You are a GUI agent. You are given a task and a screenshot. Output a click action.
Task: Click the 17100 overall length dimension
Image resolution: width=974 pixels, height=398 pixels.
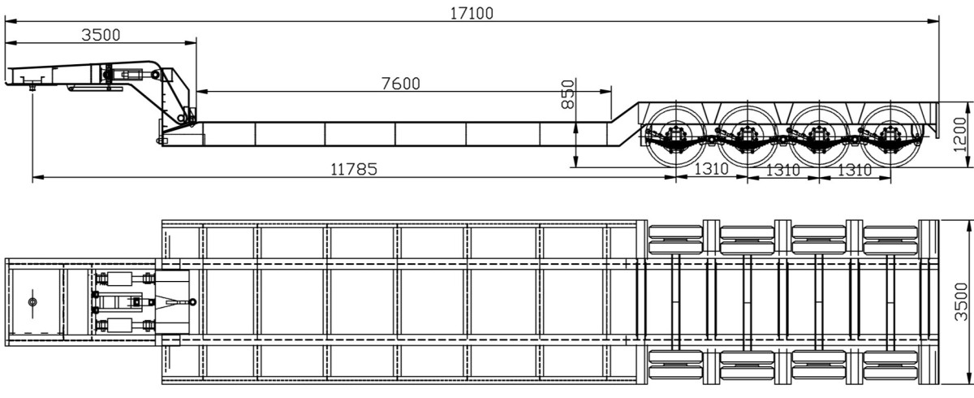pos(472,14)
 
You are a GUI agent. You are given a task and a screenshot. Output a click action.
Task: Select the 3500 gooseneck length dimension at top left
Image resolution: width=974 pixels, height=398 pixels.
pos(101,35)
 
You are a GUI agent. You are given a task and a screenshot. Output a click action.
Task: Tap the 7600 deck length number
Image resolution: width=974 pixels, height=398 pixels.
pos(400,84)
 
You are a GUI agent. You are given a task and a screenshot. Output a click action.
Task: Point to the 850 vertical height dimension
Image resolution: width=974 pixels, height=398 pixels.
pos(568,94)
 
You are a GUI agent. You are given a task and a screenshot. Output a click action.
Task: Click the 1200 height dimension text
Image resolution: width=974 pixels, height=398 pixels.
pos(959,134)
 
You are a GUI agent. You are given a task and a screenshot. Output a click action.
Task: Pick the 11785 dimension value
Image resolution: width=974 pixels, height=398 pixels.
pos(354,169)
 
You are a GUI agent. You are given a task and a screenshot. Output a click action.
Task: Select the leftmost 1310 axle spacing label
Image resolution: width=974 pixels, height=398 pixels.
pos(711,169)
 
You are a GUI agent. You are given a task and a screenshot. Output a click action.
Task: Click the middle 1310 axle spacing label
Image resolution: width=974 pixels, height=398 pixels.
pos(782,170)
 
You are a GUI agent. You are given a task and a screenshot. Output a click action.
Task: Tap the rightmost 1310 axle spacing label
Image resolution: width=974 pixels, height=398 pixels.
pos(855,170)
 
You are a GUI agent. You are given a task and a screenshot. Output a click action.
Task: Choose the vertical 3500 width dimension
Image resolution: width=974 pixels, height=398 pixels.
pos(961,302)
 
